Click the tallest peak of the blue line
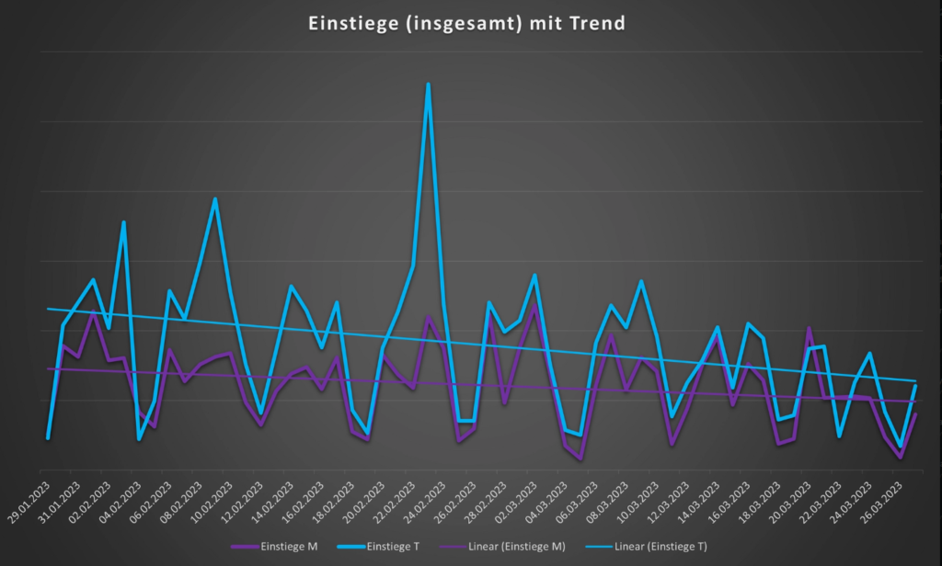(428, 85)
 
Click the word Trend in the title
(598, 23)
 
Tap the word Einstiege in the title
(347, 23)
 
